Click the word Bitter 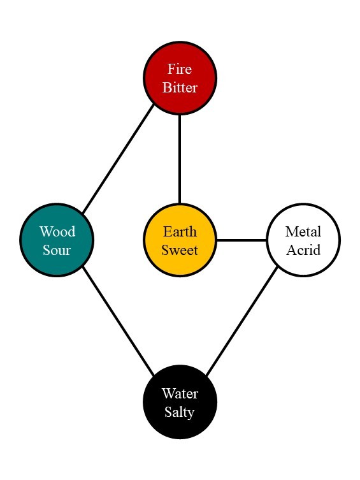[180, 87]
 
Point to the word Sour [57, 249]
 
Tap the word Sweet [180, 249]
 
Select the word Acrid [303, 249]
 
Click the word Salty [180, 412]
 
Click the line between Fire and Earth [180, 159]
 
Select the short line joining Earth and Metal [241, 240]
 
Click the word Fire [180, 69]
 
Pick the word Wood [57, 231]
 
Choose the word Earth [180, 231]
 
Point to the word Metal [303, 231]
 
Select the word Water [180, 393]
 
